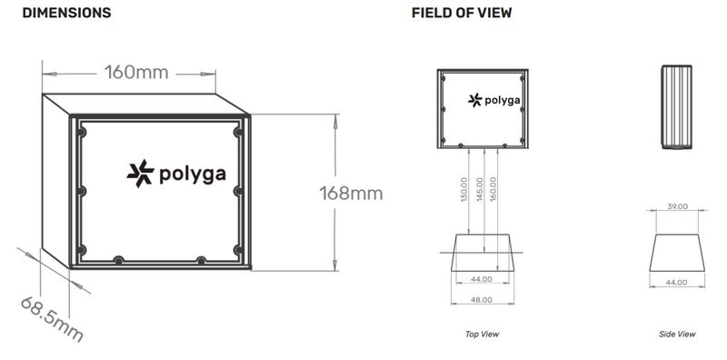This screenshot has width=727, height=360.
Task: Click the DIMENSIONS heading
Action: [x=66, y=13]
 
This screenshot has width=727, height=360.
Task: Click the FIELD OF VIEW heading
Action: [x=462, y=13]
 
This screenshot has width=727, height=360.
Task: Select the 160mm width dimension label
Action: [x=135, y=73]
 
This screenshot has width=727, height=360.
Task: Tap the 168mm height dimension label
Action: [x=351, y=193]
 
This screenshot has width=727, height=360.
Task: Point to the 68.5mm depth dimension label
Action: [x=52, y=319]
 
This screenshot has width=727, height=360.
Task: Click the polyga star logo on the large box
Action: [x=141, y=174]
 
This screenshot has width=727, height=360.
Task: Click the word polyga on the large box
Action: [x=193, y=175]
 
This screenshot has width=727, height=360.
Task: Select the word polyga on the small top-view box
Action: [x=503, y=101]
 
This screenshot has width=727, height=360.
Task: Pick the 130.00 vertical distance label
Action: [x=465, y=189]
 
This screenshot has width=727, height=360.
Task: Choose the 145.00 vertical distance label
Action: [x=480, y=189]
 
